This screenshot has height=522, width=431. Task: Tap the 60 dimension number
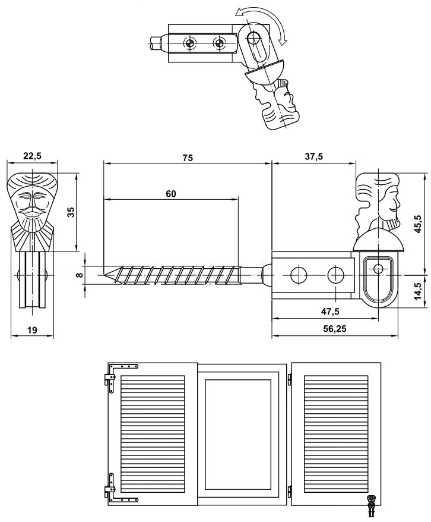coord(171,194)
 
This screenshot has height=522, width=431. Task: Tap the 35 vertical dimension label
coord(69,212)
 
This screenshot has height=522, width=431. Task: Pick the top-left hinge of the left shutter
coord(114,375)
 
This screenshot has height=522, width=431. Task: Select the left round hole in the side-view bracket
coord(296,275)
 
